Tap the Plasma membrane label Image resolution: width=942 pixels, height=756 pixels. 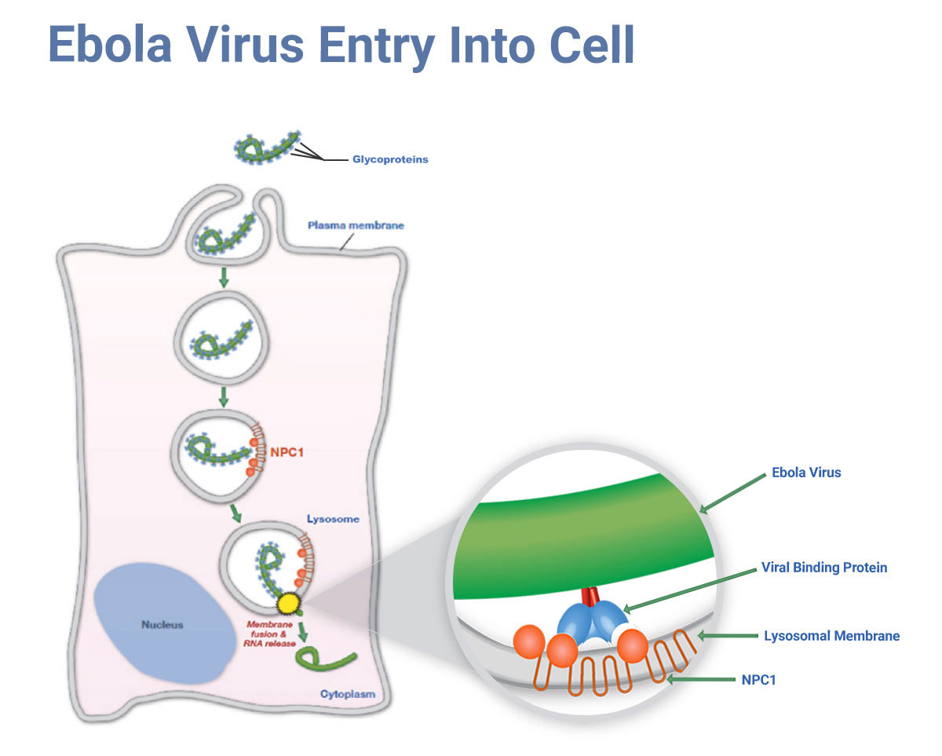[356, 225]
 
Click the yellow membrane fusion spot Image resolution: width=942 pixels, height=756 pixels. [289, 603]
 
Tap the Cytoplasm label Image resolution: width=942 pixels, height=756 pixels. [348, 695]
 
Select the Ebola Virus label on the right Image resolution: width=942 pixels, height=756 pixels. [806, 473]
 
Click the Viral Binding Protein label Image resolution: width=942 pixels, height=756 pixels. [824, 567]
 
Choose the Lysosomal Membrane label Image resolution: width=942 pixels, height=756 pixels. [831, 635]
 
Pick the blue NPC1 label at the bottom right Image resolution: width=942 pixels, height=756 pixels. [758, 680]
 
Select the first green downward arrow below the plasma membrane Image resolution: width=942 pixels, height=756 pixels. [224, 276]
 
